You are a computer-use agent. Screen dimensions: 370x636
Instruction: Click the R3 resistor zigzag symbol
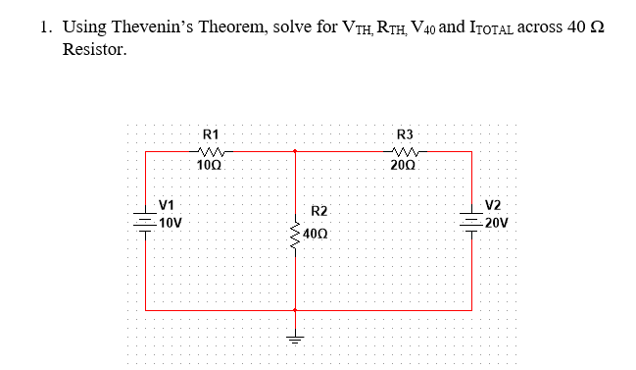coord(404,151)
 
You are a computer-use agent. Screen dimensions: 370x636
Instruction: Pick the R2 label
coord(319,211)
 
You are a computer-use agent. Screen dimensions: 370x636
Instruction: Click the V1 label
coord(167,205)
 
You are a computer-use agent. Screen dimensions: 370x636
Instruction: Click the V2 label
coord(493,205)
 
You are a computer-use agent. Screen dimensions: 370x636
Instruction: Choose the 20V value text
coord(496,222)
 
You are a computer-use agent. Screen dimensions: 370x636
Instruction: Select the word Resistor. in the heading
coord(94,49)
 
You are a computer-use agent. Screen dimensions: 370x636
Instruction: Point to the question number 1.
coord(46,27)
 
